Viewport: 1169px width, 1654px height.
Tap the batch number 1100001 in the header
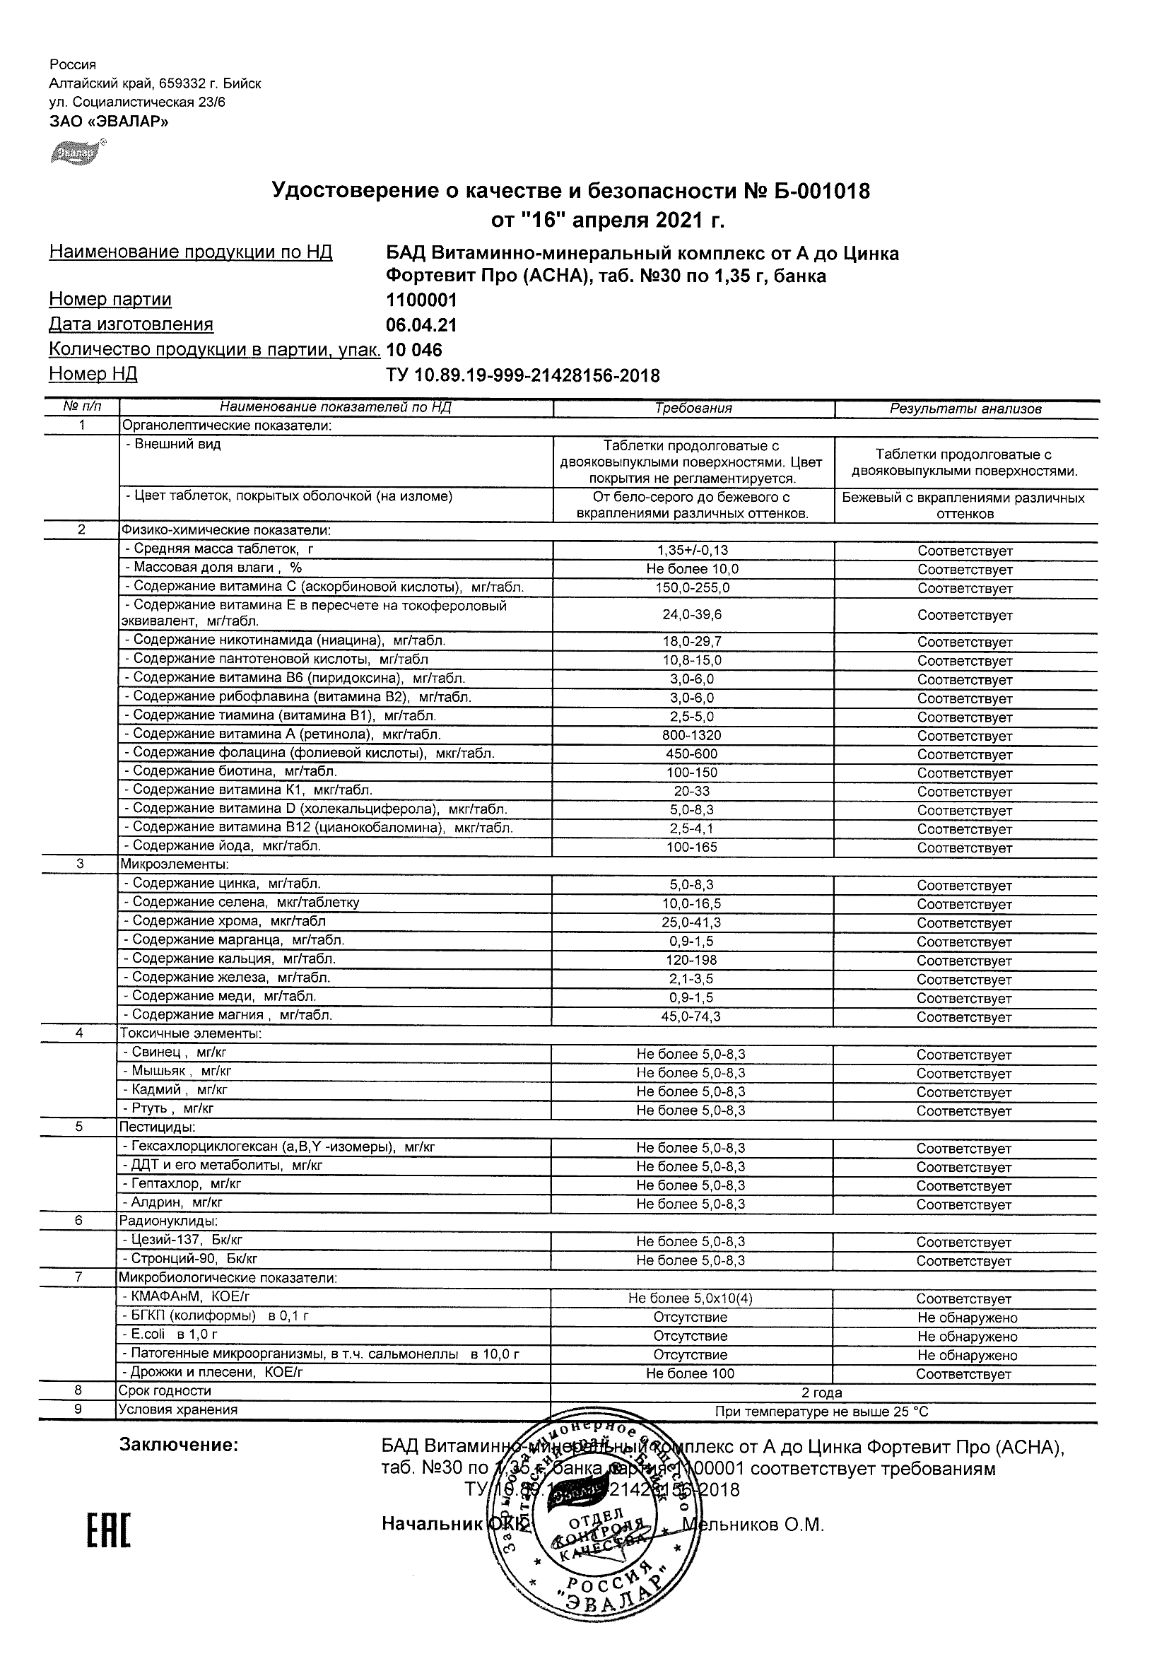pyautogui.click(x=421, y=300)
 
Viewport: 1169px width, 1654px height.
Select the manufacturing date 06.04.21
pyautogui.click(x=421, y=325)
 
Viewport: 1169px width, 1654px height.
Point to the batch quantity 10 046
pyautogui.click(x=414, y=350)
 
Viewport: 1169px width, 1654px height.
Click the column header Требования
pyautogui.click(x=693, y=409)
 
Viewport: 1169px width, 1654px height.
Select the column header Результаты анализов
pyautogui.click(x=965, y=409)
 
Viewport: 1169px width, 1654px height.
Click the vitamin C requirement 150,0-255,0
pyautogui.click(x=692, y=588)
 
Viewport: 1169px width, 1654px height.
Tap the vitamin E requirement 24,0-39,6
pyautogui.click(x=692, y=615)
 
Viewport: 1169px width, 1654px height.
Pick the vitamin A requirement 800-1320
pyautogui.click(x=692, y=736)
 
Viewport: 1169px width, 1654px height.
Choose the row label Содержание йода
pyautogui.click(x=226, y=845)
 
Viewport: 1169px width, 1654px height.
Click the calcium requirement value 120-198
pyautogui.click(x=691, y=960)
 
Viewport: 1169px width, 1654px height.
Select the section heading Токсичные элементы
pyautogui.click(x=190, y=1033)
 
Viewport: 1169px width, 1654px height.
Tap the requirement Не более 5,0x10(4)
pyautogui.click(x=690, y=1298)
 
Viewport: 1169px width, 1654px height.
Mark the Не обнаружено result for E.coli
pyautogui.click(x=967, y=1337)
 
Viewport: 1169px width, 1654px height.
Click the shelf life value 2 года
pyautogui.click(x=822, y=1392)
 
